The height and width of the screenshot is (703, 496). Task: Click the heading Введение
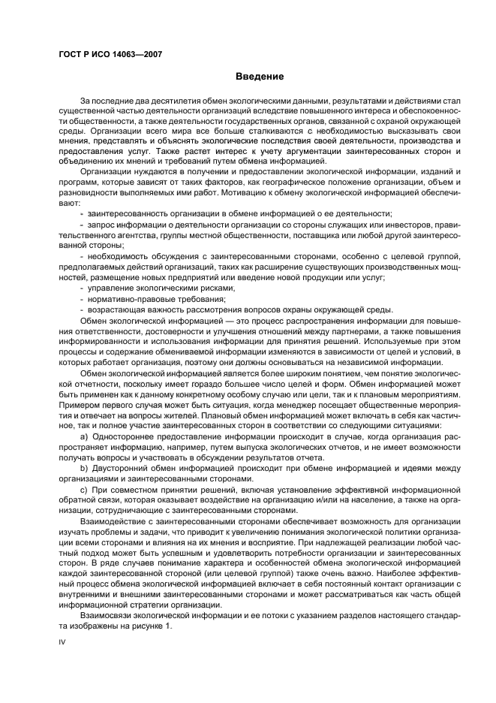[x=259, y=76]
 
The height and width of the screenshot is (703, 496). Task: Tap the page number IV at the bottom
[x=62, y=643]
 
